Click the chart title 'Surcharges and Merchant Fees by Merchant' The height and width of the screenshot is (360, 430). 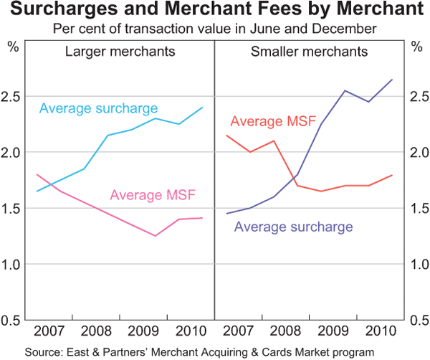point(215,11)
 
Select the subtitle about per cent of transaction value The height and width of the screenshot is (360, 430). point(215,29)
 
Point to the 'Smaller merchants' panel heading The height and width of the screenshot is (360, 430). point(310,52)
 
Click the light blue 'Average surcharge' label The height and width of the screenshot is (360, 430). point(98,109)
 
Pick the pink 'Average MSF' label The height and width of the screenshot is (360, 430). point(153,194)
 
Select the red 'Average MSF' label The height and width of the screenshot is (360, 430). point(273,121)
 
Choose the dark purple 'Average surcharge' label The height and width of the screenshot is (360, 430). point(294,227)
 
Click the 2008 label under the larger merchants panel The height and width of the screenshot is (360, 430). point(97,332)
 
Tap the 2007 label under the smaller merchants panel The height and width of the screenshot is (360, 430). point(238,332)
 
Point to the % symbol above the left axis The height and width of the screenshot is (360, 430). point(13,47)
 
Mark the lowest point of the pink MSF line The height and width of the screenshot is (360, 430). point(155,236)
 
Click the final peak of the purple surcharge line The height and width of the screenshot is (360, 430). point(392,80)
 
